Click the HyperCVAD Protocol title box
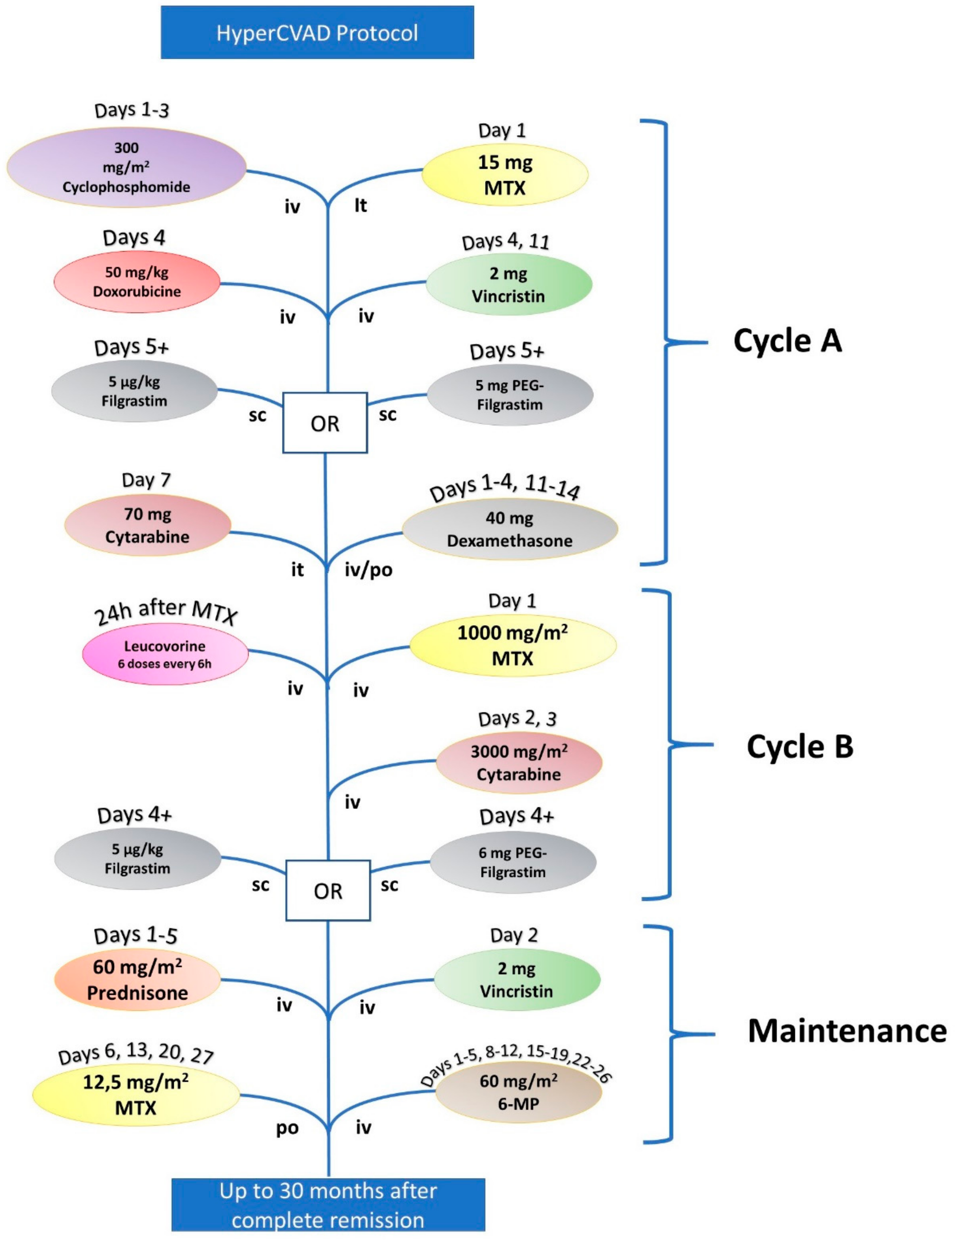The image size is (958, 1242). pyautogui.click(x=317, y=32)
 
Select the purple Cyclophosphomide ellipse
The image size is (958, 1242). pyautogui.click(x=126, y=167)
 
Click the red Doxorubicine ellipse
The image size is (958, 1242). pyautogui.click(x=137, y=282)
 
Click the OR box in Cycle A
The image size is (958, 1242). pyautogui.click(x=325, y=423)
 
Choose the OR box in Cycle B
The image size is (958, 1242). pyautogui.click(x=328, y=891)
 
